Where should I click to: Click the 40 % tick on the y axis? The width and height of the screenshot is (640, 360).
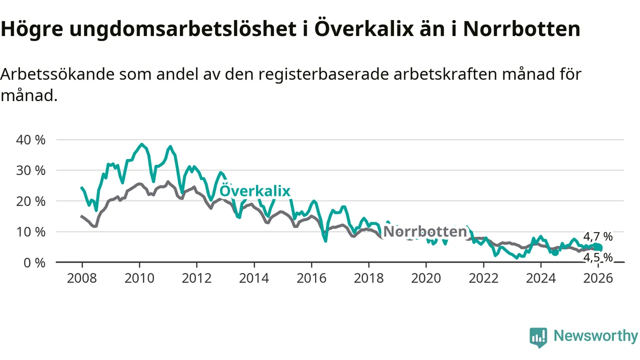click(31, 139)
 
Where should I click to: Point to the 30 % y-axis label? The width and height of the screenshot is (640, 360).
click(31, 170)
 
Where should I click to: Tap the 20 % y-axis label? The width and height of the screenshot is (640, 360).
click(31, 201)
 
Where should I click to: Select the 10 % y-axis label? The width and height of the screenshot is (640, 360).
click(31, 232)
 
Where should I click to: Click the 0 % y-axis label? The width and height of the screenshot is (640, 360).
click(35, 262)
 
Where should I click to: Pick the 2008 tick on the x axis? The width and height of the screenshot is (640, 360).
click(82, 277)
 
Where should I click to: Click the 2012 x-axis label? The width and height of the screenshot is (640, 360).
click(196, 277)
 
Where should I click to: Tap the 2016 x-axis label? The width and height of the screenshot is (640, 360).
click(311, 277)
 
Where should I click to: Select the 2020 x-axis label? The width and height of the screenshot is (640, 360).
click(426, 277)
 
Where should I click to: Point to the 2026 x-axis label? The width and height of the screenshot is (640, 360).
click(598, 277)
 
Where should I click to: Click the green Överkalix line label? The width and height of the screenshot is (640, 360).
click(255, 191)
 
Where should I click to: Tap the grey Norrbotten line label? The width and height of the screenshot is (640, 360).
click(425, 232)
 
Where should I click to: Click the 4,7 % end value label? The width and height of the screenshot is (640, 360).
click(597, 236)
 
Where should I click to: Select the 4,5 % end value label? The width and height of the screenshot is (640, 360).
click(597, 257)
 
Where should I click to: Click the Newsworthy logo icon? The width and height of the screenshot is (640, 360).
click(538, 337)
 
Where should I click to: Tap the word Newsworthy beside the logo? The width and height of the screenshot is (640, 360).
click(595, 336)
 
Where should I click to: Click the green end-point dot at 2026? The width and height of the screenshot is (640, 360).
click(598, 248)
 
